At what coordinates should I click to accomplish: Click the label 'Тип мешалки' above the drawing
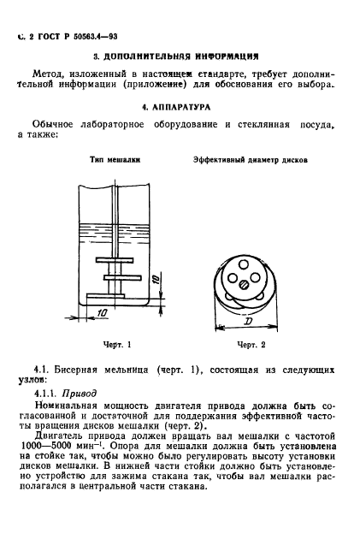coord(115,160)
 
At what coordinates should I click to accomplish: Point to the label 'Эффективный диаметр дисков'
coord(250,160)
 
